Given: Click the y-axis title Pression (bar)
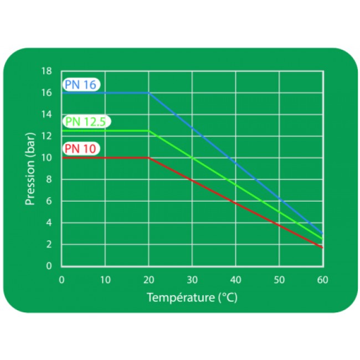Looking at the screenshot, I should [31, 168].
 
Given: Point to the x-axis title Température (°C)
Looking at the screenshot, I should [192, 298].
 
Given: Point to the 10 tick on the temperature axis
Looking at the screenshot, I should [105, 280].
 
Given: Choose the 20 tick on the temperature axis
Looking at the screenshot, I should [148, 280].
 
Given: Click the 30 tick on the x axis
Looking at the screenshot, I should [192, 280].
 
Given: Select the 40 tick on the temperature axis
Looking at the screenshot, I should [235, 280].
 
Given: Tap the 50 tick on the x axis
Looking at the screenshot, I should [279, 280].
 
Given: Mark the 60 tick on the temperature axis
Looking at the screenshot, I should [322, 280].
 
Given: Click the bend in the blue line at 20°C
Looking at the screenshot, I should [148, 92].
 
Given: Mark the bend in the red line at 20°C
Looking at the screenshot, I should [148, 158].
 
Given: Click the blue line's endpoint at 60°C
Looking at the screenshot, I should [322, 234].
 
